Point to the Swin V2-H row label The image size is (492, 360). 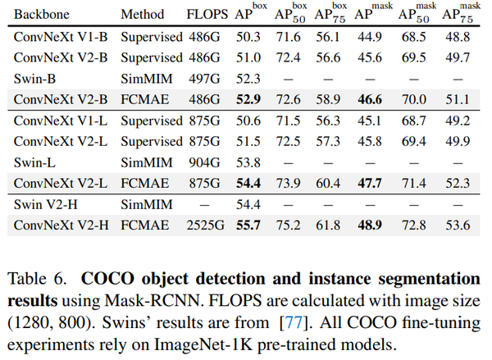(x=45, y=202)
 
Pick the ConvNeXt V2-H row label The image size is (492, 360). (x=61, y=223)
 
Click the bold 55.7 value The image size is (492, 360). (x=250, y=223)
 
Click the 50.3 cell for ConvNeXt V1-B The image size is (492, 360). (x=250, y=37)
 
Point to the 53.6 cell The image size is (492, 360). (x=458, y=223)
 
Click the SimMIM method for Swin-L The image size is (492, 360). (x=144, y=161)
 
